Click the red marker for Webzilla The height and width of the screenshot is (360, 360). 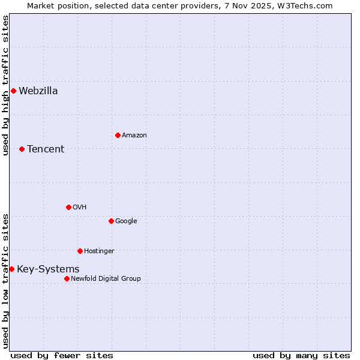point(13,91)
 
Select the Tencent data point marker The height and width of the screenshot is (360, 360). point(22,149)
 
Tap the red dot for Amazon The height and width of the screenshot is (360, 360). point(118,135)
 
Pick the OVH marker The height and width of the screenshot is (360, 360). point(68,207)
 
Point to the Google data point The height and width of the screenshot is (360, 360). point(111,221)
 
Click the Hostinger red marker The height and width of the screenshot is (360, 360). point(80,251)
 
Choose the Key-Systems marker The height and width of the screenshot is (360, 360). point(11,269)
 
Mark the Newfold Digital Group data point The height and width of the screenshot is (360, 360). point(67,278)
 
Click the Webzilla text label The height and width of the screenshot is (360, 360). point(38,91)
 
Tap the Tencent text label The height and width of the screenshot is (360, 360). point(46,149)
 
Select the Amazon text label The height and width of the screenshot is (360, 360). point(134,135)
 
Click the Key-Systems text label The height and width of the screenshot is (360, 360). point(48,269)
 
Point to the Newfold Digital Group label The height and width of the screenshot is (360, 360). point(106,278)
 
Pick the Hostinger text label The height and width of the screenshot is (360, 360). point(99,251)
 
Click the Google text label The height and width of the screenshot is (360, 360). point(126,221)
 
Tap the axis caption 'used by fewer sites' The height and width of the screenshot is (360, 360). point(62,355)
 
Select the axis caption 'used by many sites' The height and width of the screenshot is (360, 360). point(301,355)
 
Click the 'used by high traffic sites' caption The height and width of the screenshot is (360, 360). point(5,85)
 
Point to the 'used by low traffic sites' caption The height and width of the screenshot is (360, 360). point(5,281)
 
